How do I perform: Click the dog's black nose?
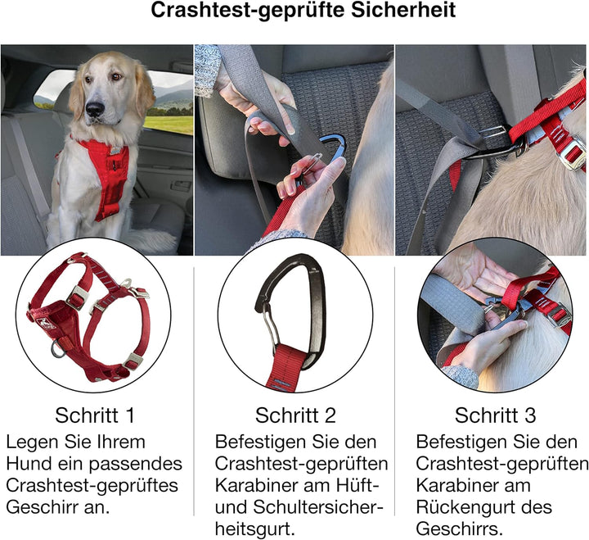(x=96, y=108)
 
